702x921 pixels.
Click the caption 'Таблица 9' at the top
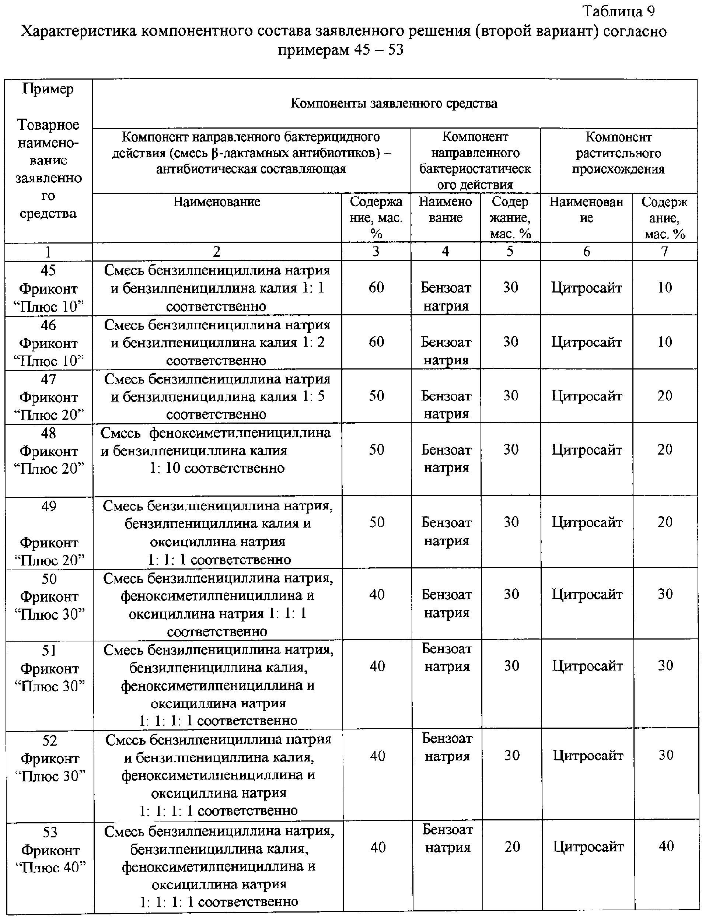point(618,11)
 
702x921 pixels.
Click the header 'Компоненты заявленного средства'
point(394,103)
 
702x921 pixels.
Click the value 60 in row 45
point(376,287)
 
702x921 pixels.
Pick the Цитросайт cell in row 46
point(586,342)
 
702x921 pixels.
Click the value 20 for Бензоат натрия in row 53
point(512,846)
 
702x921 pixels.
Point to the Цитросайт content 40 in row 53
point(666,846)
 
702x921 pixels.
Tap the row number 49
point(49,506)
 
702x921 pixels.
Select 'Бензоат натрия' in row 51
point(447,658)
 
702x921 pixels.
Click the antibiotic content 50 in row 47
point(376,396)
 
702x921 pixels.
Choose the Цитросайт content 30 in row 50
point(665,594)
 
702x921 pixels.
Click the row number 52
point(50,740)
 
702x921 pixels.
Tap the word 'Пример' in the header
point(48,89)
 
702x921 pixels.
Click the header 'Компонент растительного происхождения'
point(618,153)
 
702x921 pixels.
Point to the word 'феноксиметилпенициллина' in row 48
point(240,433)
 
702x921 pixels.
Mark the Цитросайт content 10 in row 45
point(664,287)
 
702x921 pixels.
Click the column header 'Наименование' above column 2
point(216,202)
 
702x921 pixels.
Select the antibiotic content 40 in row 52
point(377,756)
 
